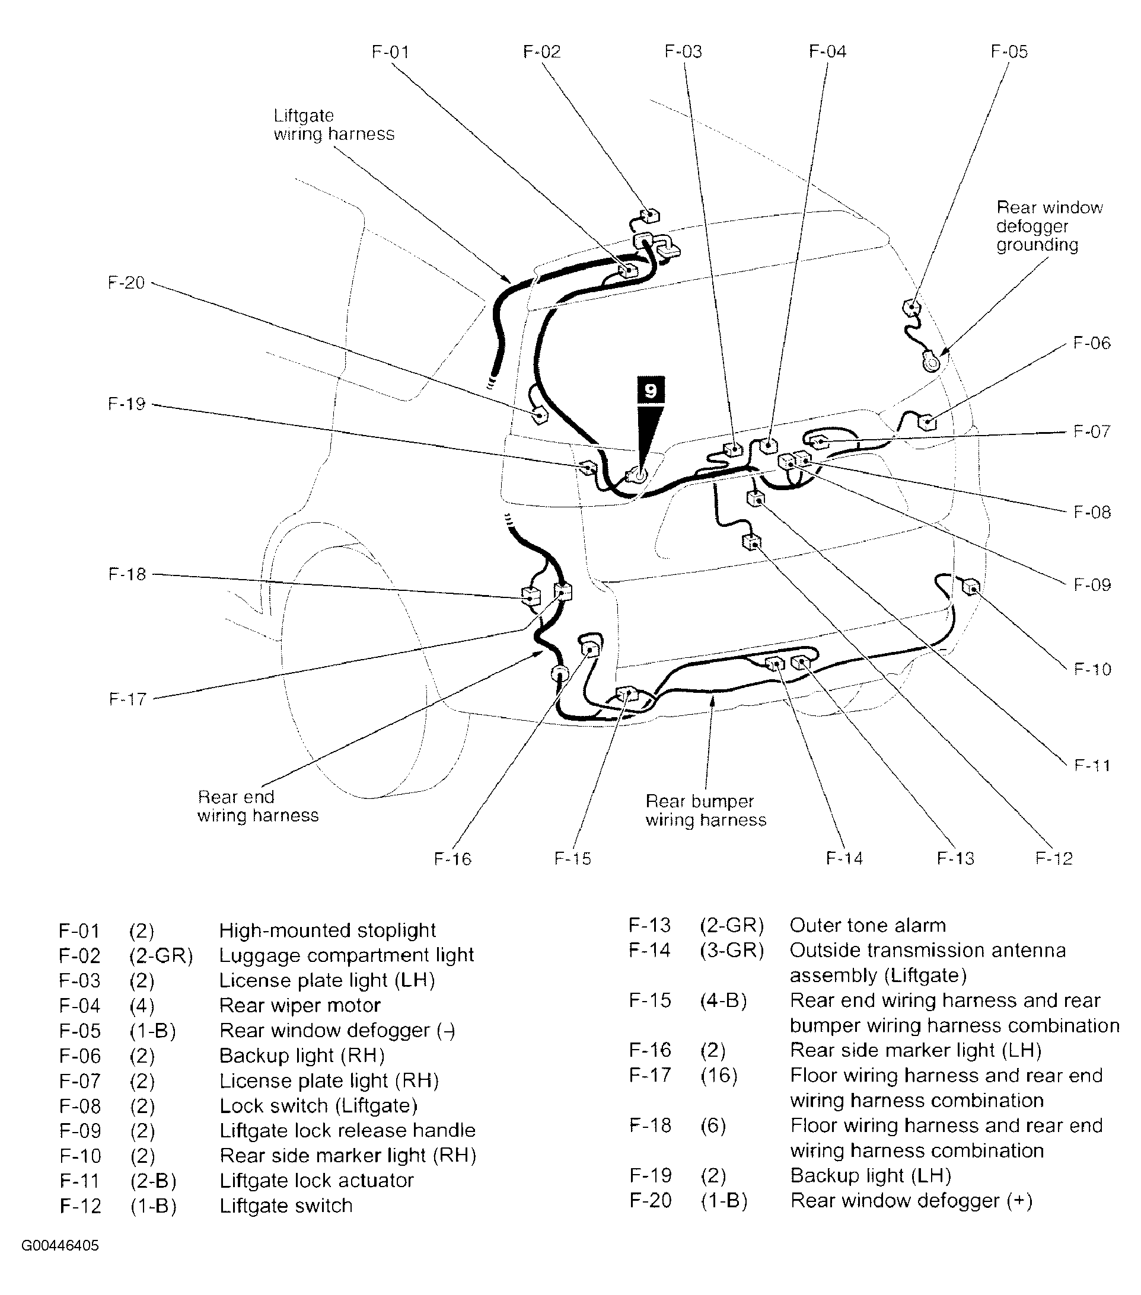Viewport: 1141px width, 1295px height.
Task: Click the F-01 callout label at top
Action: point(390,52)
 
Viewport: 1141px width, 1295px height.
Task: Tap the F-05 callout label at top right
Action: point(1009,52)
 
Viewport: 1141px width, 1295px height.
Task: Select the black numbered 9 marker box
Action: point(651,390)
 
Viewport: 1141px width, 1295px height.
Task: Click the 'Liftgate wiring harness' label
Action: point(333,125)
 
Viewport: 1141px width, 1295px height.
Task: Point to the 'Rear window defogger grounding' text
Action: point(1049,226)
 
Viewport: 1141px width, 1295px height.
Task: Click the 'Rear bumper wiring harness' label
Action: point(706,810)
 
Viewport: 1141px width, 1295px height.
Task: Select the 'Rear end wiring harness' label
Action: point(257,806)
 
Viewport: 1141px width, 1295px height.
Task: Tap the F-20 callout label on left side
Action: point(126,283)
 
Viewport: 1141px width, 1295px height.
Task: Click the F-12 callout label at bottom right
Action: point(1053,858)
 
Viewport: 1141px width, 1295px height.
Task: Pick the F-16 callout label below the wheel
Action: point(452,859)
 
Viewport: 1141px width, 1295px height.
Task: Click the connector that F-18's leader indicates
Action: point(530,596)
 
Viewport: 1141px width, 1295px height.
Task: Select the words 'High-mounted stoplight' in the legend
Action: point(327,931)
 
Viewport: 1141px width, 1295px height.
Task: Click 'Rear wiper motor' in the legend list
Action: point(299,1005)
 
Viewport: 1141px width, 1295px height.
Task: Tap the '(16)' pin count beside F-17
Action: point(718,1075)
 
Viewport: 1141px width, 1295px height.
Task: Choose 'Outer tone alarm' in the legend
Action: point(867,926)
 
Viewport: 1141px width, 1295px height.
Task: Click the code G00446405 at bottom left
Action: point(60,1246)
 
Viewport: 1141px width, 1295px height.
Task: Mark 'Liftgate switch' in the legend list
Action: point(285,1206)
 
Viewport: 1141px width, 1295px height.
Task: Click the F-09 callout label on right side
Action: point(1092,584)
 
